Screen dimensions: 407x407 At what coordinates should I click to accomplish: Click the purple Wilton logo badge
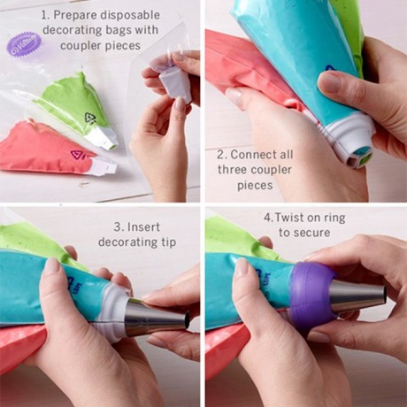(25, 42)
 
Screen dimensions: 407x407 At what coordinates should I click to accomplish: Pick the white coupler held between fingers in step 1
(174, 81)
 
